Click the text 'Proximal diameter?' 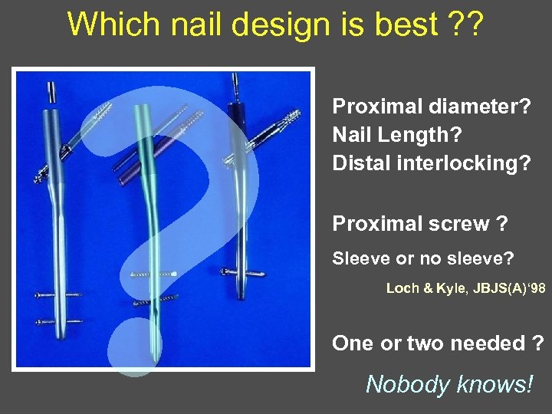point(431,106)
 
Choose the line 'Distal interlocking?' point(431,163)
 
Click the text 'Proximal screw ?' point(419,223)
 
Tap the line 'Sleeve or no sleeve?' point(422,259)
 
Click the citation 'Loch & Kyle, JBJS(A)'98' point(466,288)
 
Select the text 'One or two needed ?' point(439,343)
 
